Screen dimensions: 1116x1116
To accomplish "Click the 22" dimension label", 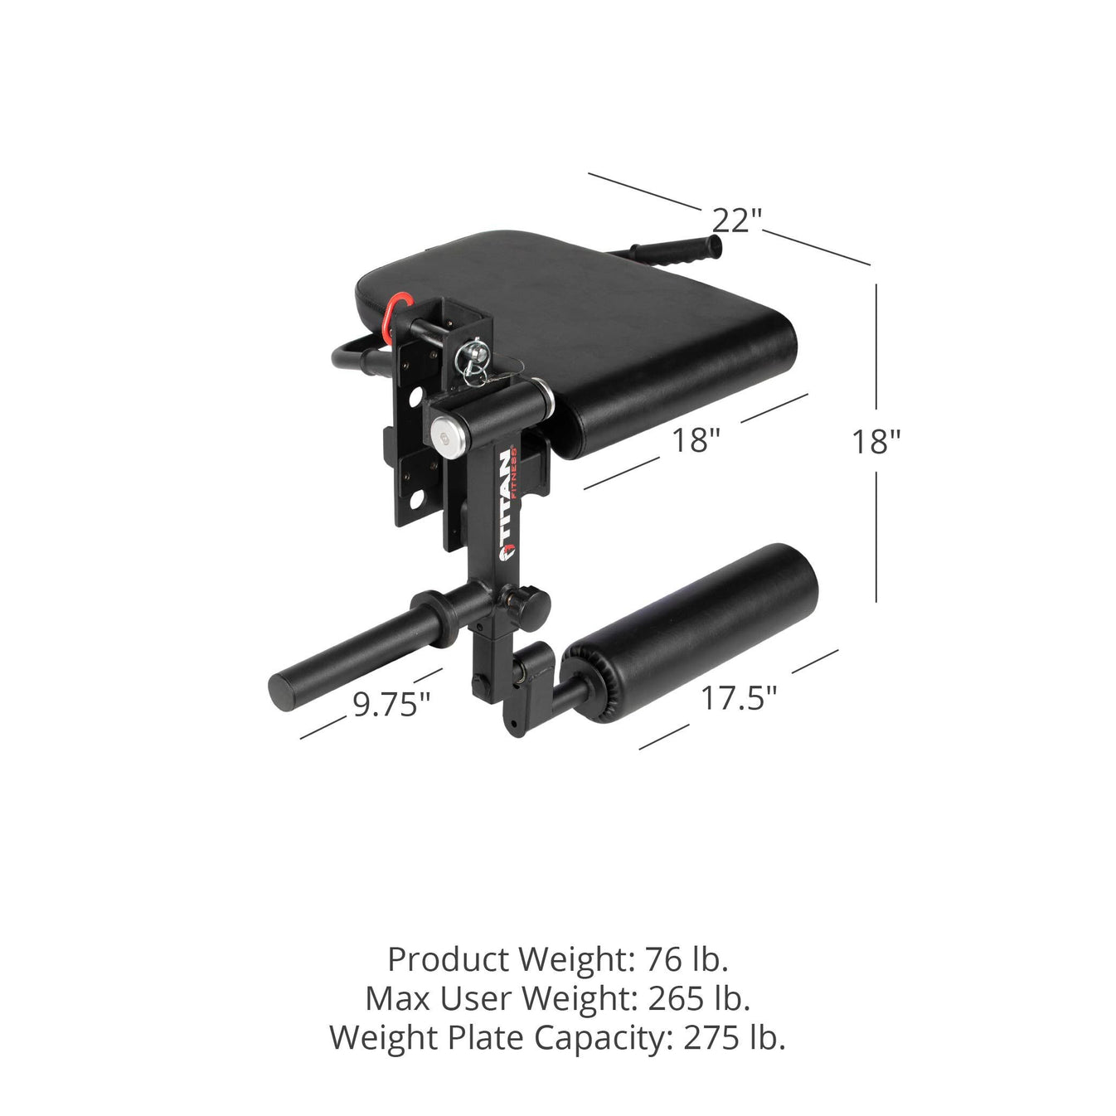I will pyautogui.click(x=737, y=221).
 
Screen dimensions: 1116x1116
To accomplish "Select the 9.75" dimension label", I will pyautogui.click(x=391, y=704).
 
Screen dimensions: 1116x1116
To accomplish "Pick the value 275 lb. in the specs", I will pyautogui.click(x=734, y=1036).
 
